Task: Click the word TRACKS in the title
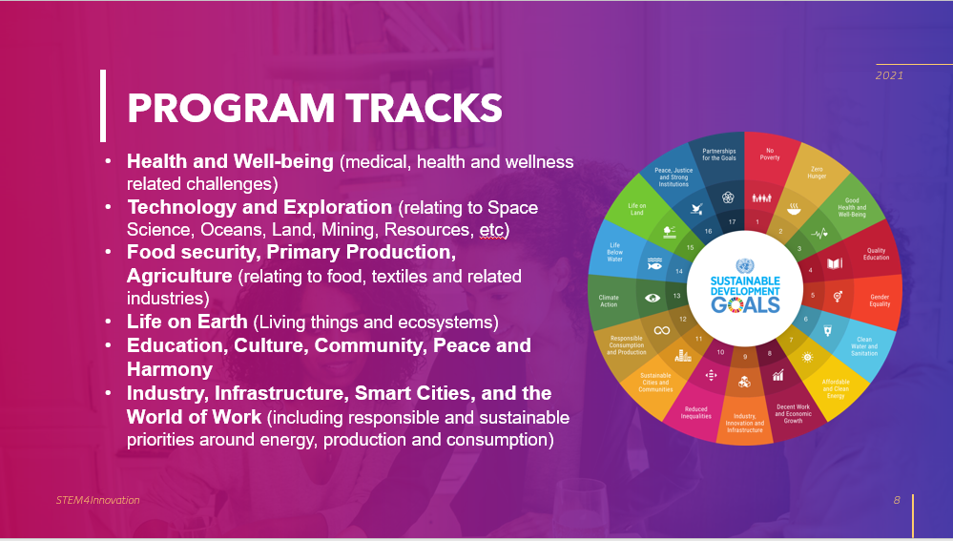coord(425,108)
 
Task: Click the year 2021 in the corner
coord(889,75)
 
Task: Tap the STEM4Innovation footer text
coord(98,500)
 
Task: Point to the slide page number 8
coord(897,500)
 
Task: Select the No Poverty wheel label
coord(770,154)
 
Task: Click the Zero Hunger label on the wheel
coord(817,173)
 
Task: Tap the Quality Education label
coord(876,254)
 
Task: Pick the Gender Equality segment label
coord(880,301)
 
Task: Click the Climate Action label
coord(609,301)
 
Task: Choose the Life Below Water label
coord(614,252)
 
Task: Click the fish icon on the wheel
coord(654,263)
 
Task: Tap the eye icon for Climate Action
coord(653,298)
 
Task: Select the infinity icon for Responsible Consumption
coord(662,331)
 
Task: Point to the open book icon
coord(835,263)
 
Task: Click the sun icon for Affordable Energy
coord(807,357)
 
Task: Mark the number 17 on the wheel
coord(733,222)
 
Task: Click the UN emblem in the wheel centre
coord(744,266)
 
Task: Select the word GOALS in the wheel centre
coord(745,304)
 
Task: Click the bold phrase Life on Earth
coord(187,322)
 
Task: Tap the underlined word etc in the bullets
coord(491,230)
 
